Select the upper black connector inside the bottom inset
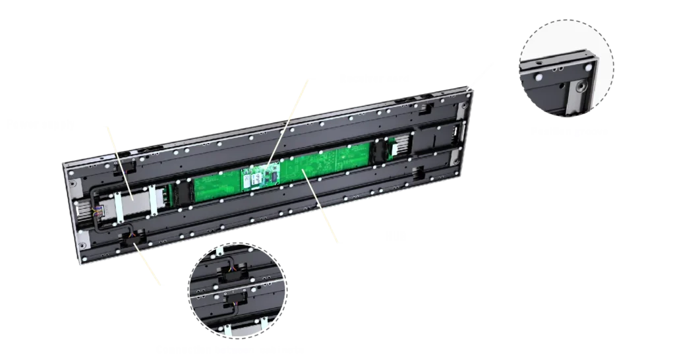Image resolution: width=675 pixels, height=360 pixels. [231, 277]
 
